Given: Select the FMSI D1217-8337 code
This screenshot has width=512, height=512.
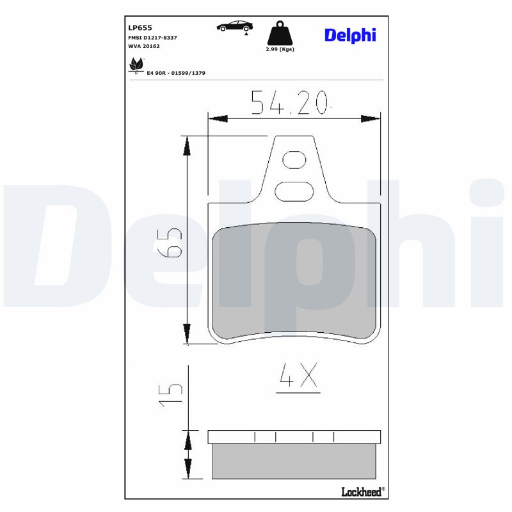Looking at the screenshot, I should (152, 38).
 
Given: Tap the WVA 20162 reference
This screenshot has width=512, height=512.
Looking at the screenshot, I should (144, 47).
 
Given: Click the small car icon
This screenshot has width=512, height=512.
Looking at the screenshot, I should (234, 26).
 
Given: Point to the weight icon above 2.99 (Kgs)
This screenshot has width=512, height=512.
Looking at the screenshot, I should (280, 33).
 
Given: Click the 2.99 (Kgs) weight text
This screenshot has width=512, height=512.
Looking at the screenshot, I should (280, 49).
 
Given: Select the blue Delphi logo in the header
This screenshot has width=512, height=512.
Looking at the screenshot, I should (350, 35).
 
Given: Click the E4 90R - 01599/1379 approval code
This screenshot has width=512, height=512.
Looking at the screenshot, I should (176, 74).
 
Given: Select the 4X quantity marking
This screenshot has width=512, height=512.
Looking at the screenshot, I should (298, 377).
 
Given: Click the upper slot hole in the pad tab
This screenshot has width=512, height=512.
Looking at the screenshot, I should (294, 159).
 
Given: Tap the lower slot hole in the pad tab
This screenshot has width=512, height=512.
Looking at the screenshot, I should (294, 190).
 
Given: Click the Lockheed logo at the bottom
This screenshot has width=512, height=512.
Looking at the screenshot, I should (362, 491).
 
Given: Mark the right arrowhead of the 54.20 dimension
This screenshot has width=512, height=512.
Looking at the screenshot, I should (371, 118).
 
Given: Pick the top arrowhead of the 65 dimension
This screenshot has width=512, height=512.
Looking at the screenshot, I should (187, 146).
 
